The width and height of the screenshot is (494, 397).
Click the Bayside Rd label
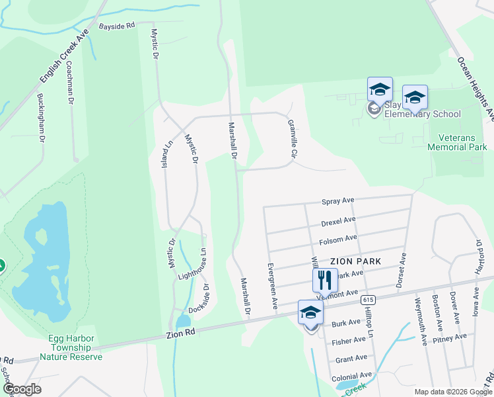pos(116,26)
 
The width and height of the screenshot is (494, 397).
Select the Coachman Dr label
pos(69,83)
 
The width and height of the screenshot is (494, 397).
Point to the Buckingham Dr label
pos(41,118)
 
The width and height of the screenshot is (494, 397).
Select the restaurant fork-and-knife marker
pos(325,280)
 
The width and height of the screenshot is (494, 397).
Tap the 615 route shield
pos(369,300)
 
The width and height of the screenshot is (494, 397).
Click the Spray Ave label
pos(338,200)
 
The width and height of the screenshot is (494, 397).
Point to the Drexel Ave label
pos(338,220)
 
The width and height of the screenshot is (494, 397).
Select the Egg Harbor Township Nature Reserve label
pos(71,347)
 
